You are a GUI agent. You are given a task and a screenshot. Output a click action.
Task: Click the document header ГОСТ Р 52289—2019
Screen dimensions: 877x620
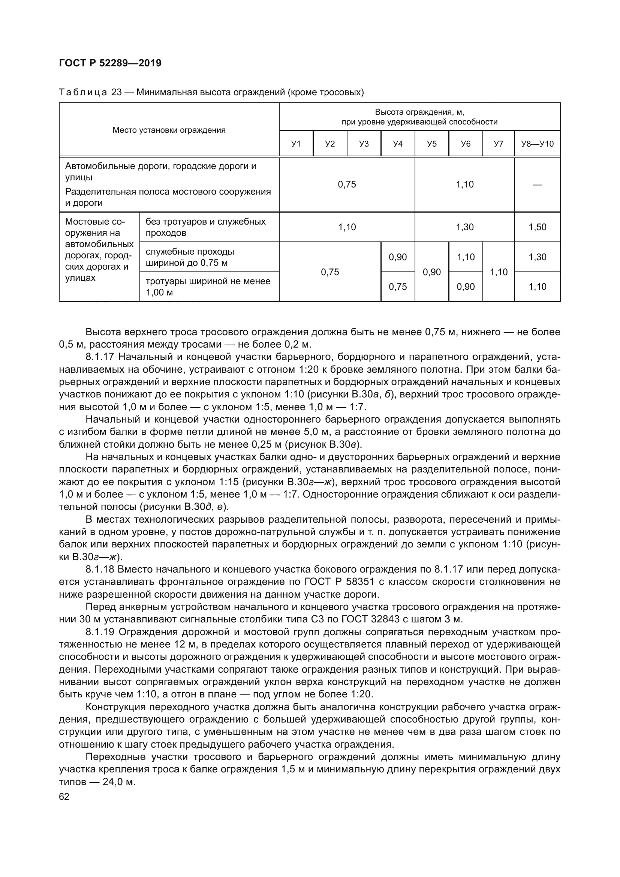pyautogui.click(x=110, y=63)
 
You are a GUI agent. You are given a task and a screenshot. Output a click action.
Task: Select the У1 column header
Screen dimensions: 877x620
pyautogui.click(x=296, y=144)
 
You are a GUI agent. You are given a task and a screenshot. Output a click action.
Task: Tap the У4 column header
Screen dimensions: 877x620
pyautogui.click(x=398, y=144)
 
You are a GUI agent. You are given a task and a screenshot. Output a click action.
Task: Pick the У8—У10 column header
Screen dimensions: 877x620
pyautogui.click(x=537, y=144)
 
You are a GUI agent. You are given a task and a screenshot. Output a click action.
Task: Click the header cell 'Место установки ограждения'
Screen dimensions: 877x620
pyautogui.click(x=169, y=130)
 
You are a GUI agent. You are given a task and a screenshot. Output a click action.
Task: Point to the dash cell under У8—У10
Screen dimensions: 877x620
pyautogui.click(x=537, y=185)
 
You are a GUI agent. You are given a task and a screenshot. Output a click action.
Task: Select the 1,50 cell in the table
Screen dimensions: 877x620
pyautogui.click(x=537, y=227)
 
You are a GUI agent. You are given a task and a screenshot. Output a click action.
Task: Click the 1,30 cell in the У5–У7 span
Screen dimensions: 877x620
pyautogui.click(x=464, y=227)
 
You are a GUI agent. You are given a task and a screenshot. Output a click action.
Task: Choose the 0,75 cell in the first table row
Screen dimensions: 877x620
pyautogui.click(x=347, y=185)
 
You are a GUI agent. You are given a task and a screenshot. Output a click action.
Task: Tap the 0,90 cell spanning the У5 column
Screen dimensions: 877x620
pyautogui.click(x=432, y=272)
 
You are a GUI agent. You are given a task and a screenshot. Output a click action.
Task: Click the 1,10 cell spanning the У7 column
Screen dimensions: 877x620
pyautogui.click(x=499, y=272)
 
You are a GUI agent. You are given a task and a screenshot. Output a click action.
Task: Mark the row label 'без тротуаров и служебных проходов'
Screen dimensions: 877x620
pyautogui.click(x=205, y=227)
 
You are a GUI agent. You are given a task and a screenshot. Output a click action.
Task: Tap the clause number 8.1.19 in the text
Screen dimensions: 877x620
pyautogui.click(x=100, y=632)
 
